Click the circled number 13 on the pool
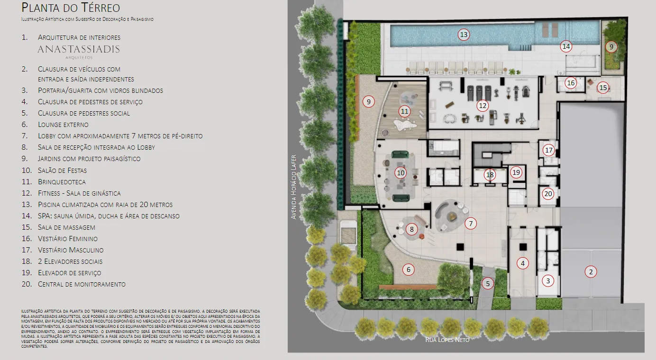(x=464, y=35)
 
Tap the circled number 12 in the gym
(x=483, y=106)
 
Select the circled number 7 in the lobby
(x=471, y=224)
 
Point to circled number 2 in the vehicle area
(x=591, y=272)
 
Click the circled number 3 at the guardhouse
(x=548, y=281)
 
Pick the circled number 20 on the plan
(x=548, y=194)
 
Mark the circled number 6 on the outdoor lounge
(x=408, y=270)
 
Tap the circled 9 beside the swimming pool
(x=611, y=47)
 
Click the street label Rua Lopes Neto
(x=447, y=340)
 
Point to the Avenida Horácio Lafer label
(x=293, y=187)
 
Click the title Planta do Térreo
(x=71, y=8)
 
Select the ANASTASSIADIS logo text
(x=79, y=49)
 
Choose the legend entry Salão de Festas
(x=63, y=171)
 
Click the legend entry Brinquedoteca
(x=62, y=182)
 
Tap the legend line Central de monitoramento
(x=82, y=284)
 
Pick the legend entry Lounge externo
(x=63, y=125)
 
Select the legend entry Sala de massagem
(x=66, y=227)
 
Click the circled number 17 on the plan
(x=548, y=151)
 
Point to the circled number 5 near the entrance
(x=488, y=284)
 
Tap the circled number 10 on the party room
(x=401, y=173)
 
